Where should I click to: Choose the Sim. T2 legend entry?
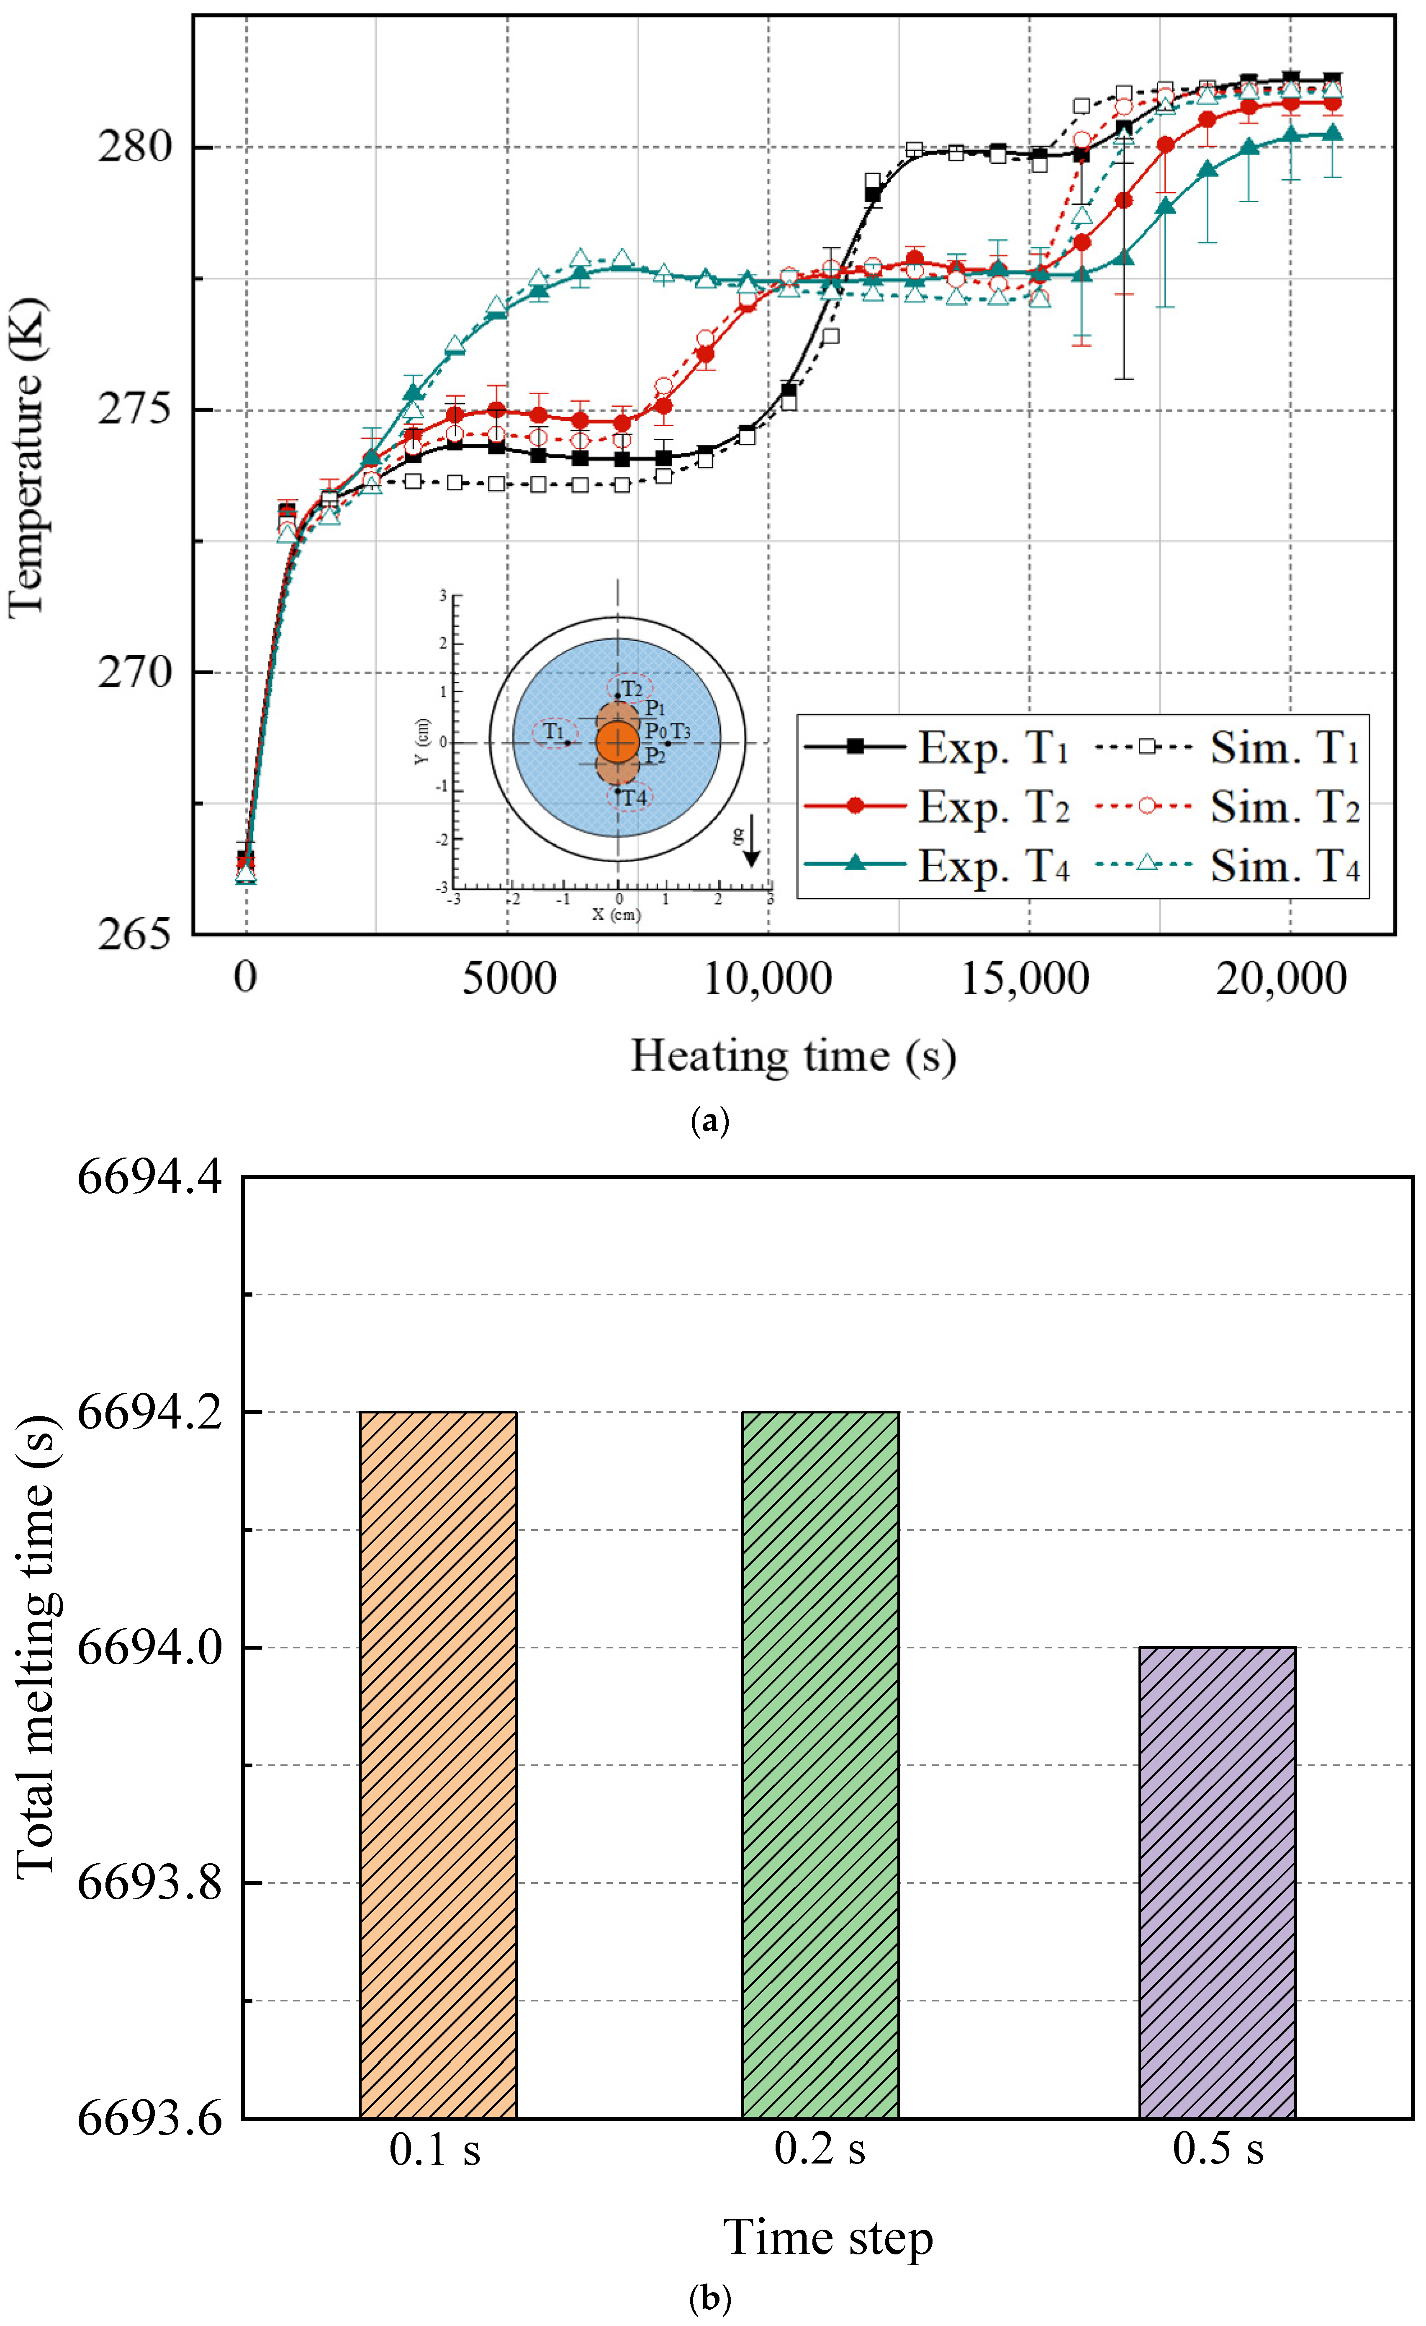pos(1284,807)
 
